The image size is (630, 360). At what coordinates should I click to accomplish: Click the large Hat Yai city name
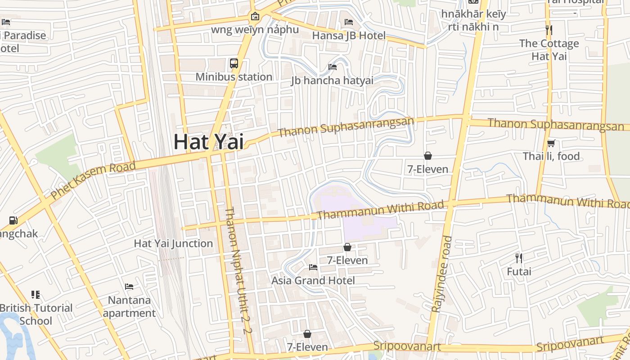[x=209, y=142]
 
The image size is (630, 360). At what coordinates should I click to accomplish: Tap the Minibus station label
[x=234, y=77]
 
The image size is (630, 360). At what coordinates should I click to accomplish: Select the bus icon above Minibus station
[x=234, y=63]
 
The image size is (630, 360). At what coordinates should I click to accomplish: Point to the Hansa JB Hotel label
[x=349, y=36]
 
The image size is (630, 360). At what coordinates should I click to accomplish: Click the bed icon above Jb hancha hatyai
[x=333, y=67]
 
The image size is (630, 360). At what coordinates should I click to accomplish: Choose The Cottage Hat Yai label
[x=549, y=50]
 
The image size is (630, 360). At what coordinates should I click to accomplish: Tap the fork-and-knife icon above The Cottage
[x=549, y=30]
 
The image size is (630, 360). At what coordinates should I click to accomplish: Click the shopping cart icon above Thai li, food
[x=551, y=144]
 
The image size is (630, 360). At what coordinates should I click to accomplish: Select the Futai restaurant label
[x=519, y=272]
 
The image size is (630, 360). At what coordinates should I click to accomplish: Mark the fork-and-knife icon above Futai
[x=519, y=258]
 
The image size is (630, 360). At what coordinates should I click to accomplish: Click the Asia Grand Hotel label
[x=313, y=281]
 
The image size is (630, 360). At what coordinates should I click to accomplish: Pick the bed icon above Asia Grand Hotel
[x=313, y=267]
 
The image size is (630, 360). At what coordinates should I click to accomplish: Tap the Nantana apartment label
[x=129, y=306]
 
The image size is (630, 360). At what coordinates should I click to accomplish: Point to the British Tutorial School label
[x=36, y=314]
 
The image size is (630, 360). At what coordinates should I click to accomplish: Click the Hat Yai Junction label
[x=173, y=243]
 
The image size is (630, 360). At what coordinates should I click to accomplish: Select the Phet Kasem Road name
[x=93, y=180]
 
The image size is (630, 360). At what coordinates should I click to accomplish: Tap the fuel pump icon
[x=13, y=220]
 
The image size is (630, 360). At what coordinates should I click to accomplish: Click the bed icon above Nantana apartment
[x=129, y=287]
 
